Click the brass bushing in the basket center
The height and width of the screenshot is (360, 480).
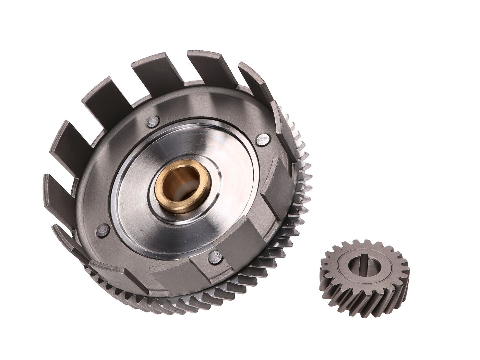tap(167, 182)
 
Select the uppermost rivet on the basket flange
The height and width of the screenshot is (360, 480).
tap(151, 121)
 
